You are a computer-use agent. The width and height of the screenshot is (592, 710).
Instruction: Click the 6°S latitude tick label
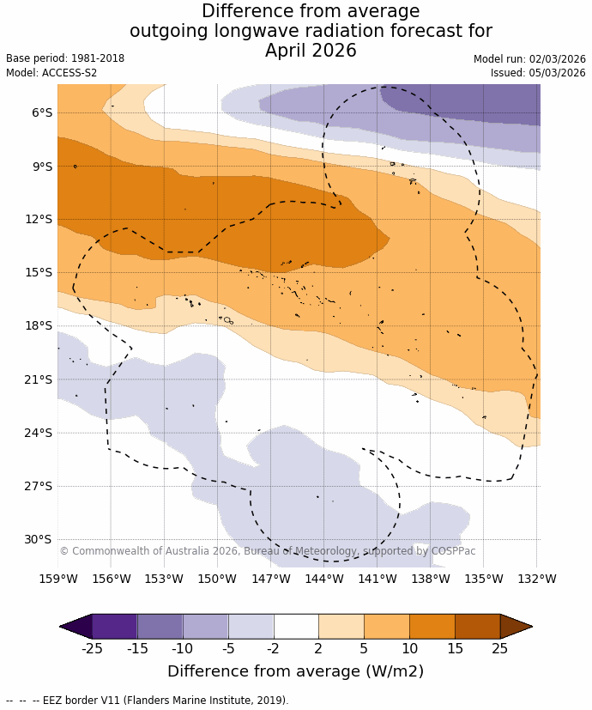coord(41,112)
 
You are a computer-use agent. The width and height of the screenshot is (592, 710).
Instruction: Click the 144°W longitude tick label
coord(324,579)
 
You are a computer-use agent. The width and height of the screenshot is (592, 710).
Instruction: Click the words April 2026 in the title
coord(311,51)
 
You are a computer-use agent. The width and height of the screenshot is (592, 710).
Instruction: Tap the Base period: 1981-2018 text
coord(65,58)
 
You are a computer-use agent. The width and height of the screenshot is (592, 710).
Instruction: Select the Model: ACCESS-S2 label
coord(51,73)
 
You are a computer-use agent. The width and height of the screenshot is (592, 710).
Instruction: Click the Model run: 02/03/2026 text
coord(529,58)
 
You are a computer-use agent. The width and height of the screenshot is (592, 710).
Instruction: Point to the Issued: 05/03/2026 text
coord(538,73)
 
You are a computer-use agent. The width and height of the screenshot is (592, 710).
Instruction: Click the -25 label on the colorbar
coord(92,648)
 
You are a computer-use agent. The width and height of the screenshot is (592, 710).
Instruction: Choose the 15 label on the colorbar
coord(455,648)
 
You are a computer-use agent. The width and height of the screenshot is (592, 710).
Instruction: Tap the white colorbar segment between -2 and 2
coord(296,626)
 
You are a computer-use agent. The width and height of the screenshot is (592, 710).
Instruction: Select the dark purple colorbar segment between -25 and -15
coord(114,626)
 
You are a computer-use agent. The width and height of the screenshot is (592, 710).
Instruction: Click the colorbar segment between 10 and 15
coord(432,626)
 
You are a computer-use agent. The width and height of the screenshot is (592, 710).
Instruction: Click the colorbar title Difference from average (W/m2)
coord(296,671)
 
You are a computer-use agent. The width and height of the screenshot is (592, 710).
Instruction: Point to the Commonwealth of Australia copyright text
coord(267,551)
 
